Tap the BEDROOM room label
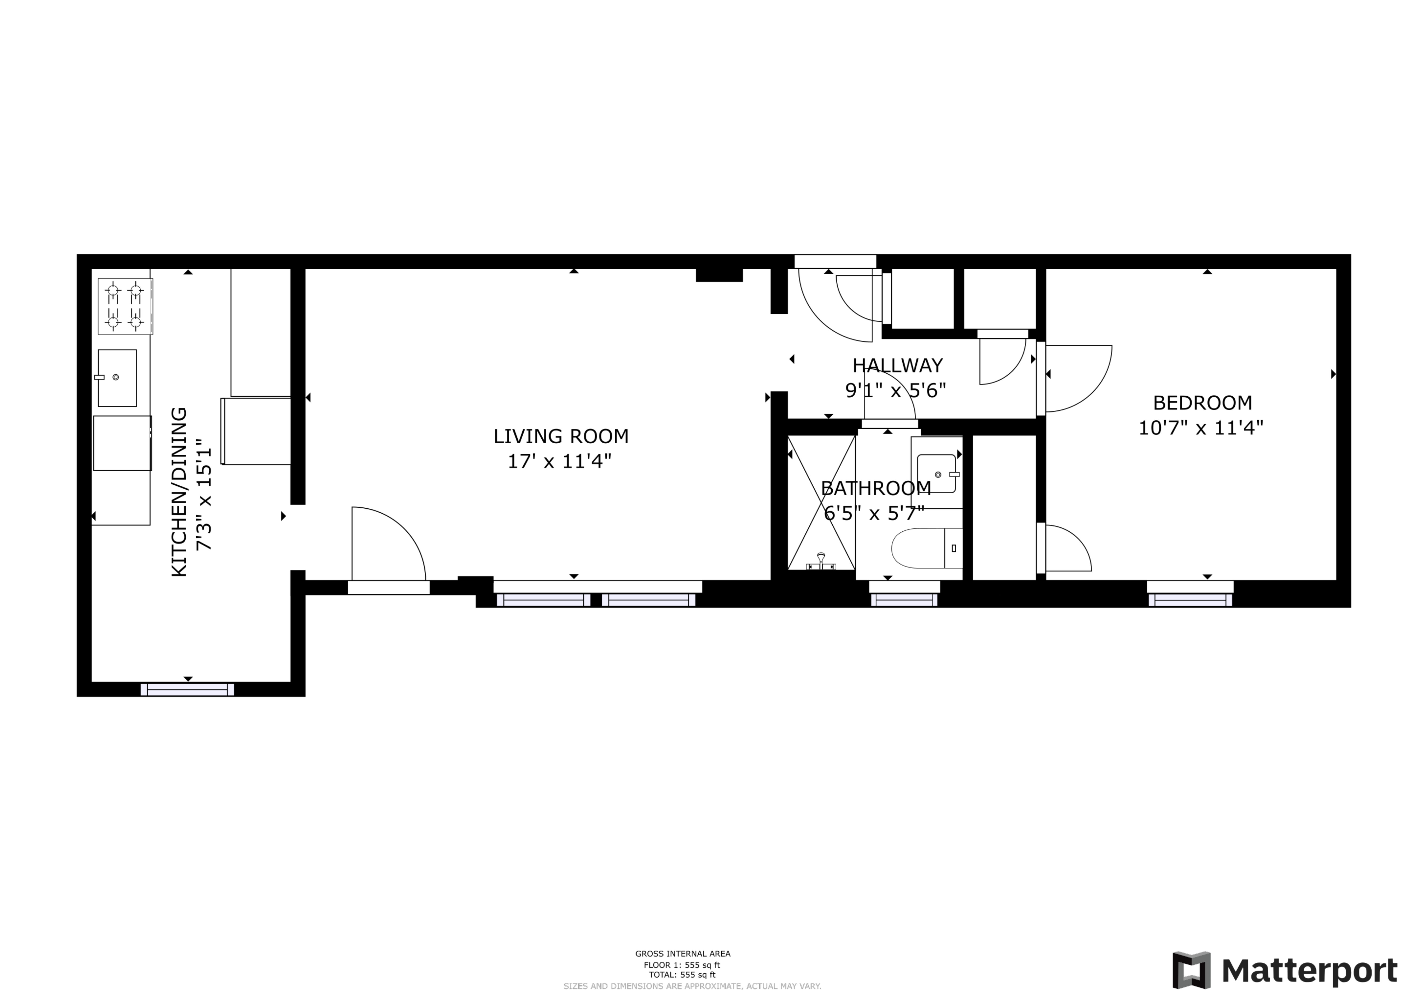click(1203, 403)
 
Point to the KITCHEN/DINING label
click(179, 492)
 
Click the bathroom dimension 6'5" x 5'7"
click(875, 513)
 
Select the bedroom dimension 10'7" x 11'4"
click(1201, 428)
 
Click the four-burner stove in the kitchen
click(125, 306)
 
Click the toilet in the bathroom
click(927, 548)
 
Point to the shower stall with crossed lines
click(822, 502)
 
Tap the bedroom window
click(1190, 600)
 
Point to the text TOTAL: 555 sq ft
click(682, 975)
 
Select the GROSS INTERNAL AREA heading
click(683, 954)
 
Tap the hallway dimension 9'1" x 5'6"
click(896, 391)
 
